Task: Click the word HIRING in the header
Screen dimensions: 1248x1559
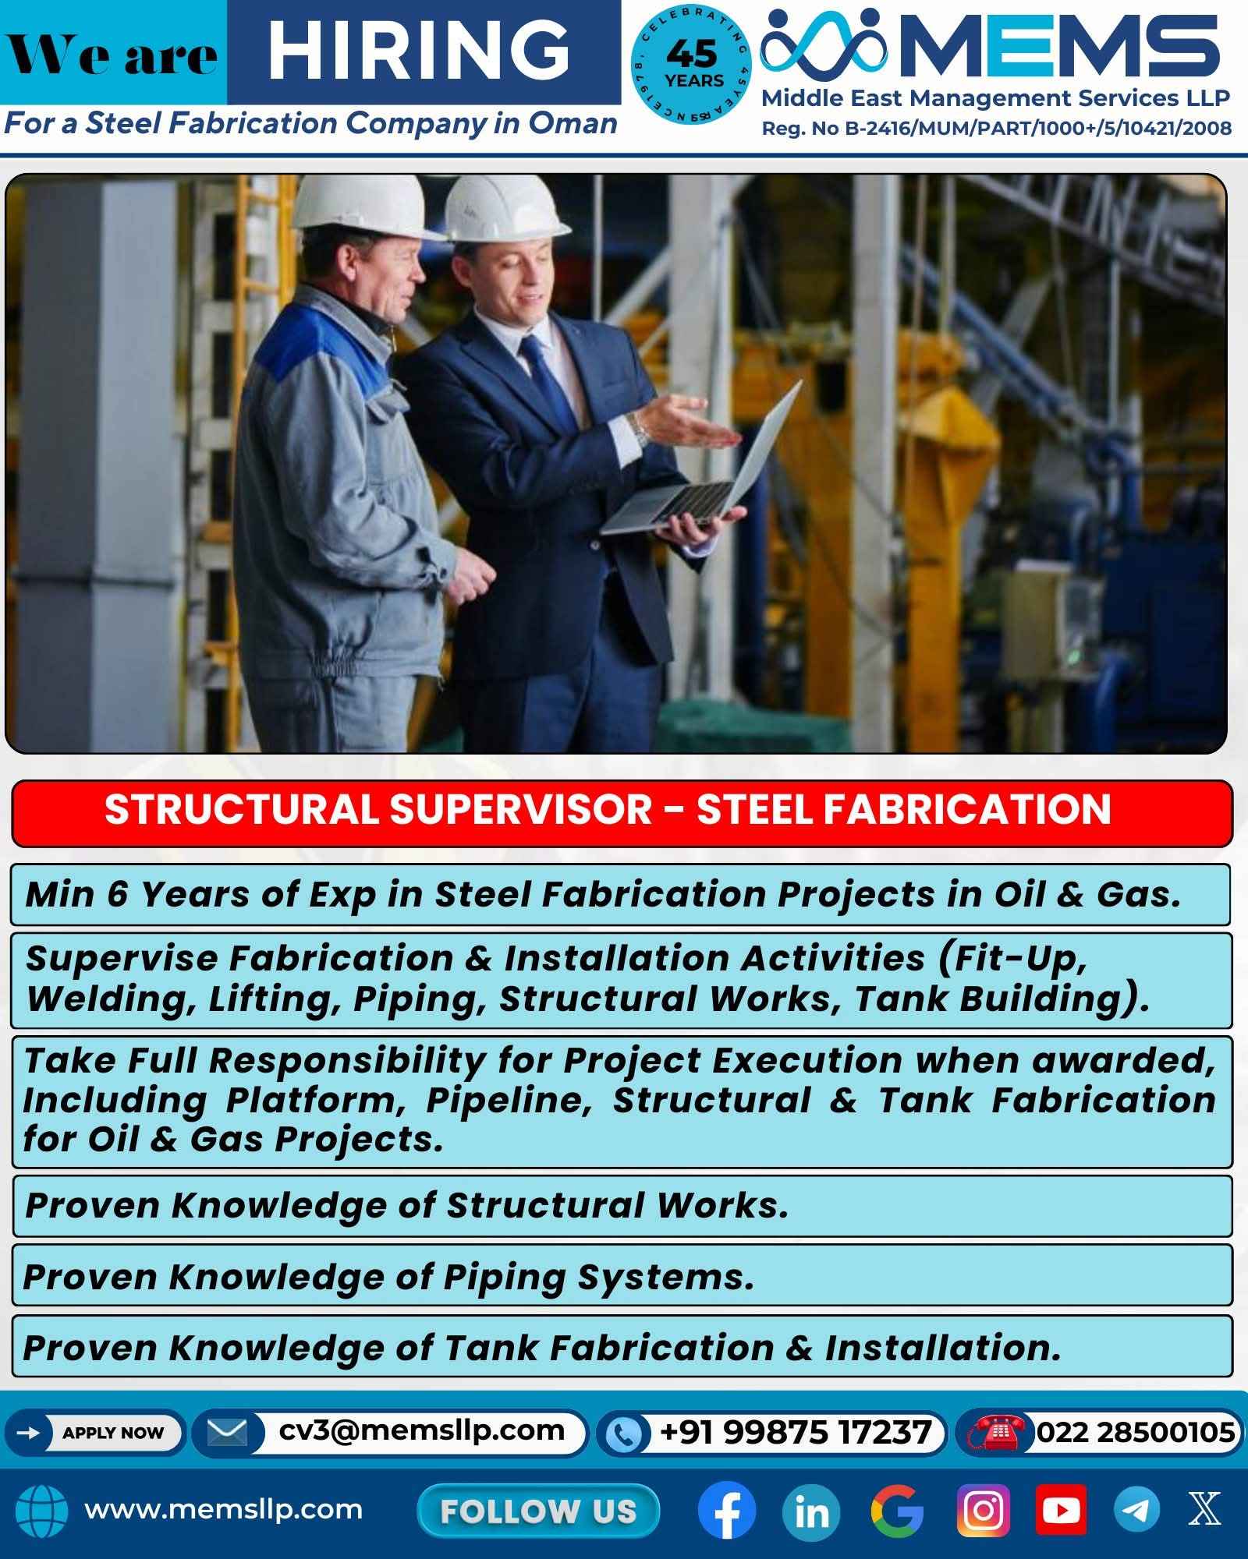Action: [419, 50]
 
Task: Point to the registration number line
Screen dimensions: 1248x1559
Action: [996, 129]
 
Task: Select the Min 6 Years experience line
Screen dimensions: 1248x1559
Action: [603, 894]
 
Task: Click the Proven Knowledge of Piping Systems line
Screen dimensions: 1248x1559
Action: [388, 1278]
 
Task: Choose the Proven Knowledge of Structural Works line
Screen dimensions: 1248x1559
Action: [406, 1206]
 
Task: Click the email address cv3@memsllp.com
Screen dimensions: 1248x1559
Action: [421, 1431]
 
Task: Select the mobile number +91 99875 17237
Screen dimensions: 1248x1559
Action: [795, 1432]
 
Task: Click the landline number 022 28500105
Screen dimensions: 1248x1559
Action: [1135, 1432]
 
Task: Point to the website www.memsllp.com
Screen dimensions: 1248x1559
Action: [223, 1509]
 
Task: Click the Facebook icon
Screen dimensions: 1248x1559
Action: [726, 1511]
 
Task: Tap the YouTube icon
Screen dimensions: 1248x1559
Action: [1061, 1511]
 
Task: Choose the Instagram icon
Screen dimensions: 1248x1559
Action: [984, 1511]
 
